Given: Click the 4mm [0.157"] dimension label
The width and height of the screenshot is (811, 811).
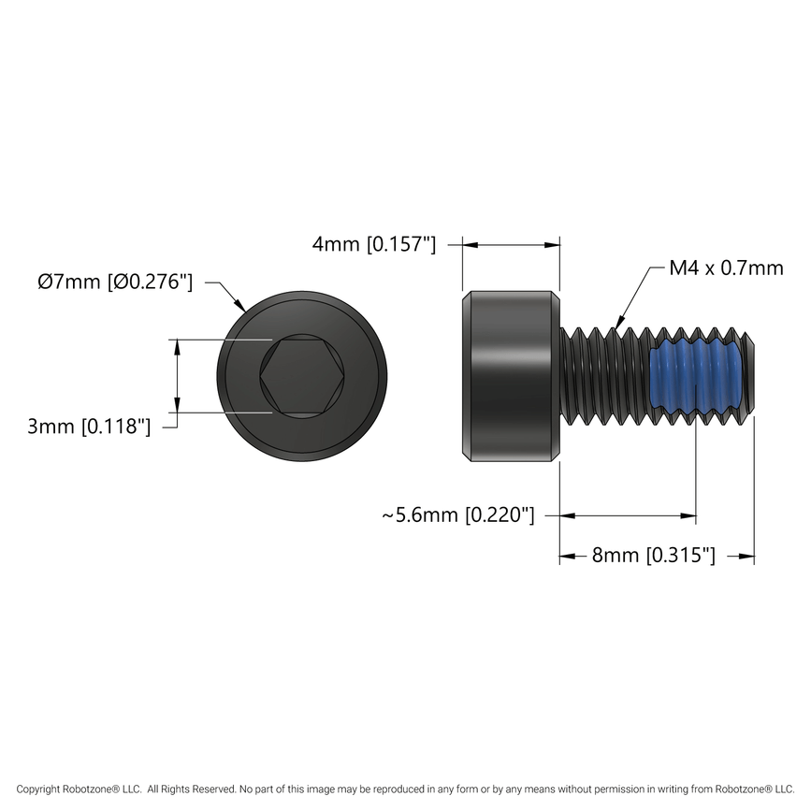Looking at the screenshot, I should [374, 245].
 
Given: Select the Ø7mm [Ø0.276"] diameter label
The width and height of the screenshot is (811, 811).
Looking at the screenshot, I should [115, 282].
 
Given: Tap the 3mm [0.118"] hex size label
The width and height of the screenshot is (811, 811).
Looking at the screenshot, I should [89, 427].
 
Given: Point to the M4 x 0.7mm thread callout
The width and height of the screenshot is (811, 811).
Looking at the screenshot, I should [726, 268].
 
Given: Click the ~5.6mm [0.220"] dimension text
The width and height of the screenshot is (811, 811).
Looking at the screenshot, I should [457, 515].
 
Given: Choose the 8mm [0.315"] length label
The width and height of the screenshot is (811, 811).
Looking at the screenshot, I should [654, 556].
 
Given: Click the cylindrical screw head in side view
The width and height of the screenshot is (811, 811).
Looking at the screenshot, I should [512, 376].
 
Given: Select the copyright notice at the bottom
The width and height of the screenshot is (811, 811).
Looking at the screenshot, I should [405, 789].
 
